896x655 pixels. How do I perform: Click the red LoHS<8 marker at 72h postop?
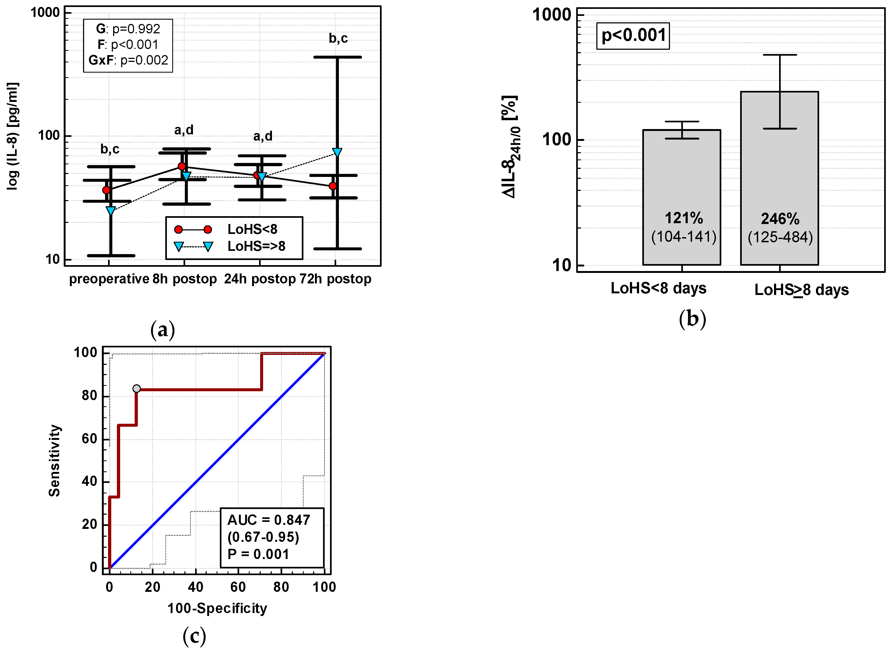click(x=332, y=186)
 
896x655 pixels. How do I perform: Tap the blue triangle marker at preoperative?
click(x=111, y=211)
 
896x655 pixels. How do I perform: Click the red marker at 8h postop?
click(x=182, y=166)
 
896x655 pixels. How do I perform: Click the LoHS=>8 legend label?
click(x=256, y=246)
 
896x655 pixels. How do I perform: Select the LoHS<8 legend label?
click(x=252, y=229)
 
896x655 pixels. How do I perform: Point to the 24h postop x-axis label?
click(x=260, y=279)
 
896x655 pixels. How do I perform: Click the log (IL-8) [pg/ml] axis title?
click(x=13, y=136)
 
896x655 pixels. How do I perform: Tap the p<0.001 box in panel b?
click(x=633, y=36)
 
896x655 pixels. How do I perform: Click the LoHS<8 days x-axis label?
click(x=658, y=288)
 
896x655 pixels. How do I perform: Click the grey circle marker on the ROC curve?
click(x=136, y=389)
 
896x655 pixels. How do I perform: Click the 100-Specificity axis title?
click(x=217, y=608)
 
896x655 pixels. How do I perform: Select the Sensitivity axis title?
click(x=54, y=460)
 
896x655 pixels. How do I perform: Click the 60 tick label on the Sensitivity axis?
click(x=89, y=439)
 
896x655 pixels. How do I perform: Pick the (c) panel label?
click(x=194, y=636)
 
